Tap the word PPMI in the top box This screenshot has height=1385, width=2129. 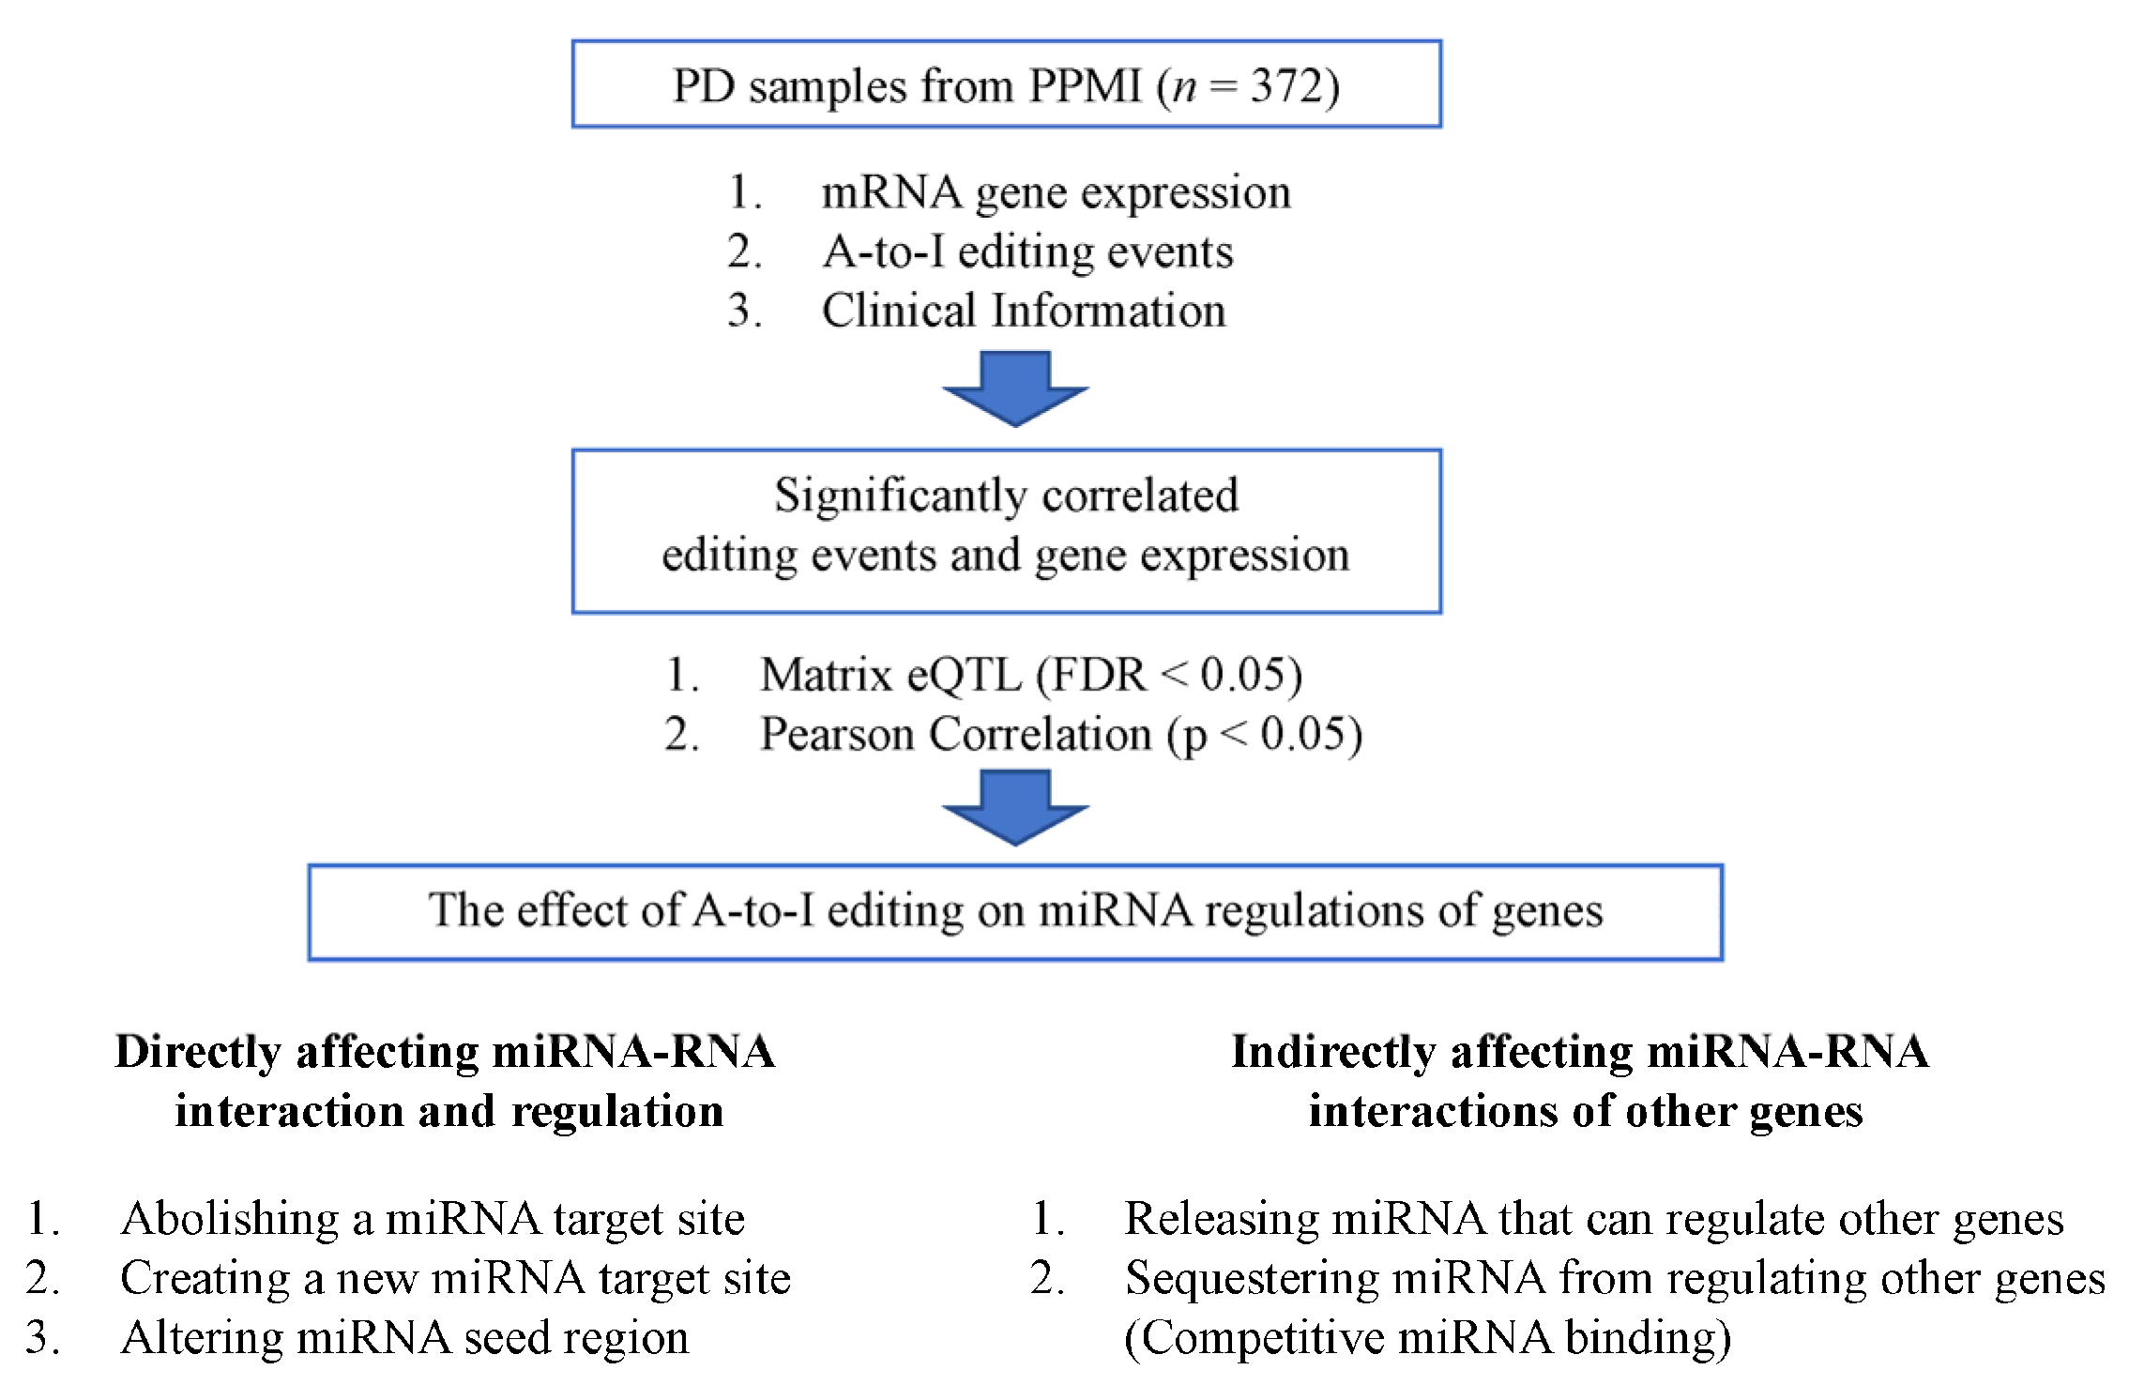click(1085, 86)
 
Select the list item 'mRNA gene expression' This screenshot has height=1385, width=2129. click(1056, 193)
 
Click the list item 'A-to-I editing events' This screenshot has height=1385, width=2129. click(1027, 252)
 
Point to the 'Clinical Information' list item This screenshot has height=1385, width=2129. click(1024, 312)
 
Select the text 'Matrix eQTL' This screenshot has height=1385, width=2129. click(890, 676)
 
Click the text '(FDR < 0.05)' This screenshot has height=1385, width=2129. click(1168, 676)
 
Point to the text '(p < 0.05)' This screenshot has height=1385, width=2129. click(1264, 735)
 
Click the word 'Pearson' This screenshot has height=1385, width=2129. click(836, 735)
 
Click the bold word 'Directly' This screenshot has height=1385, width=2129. click(197, 1053)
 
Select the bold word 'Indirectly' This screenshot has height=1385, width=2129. click(1332, 1053)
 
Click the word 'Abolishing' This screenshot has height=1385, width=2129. click(229, 1219)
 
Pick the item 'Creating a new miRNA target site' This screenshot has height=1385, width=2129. click(455, 1279)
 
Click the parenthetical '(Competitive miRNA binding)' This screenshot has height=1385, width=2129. click(1427, 1338)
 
